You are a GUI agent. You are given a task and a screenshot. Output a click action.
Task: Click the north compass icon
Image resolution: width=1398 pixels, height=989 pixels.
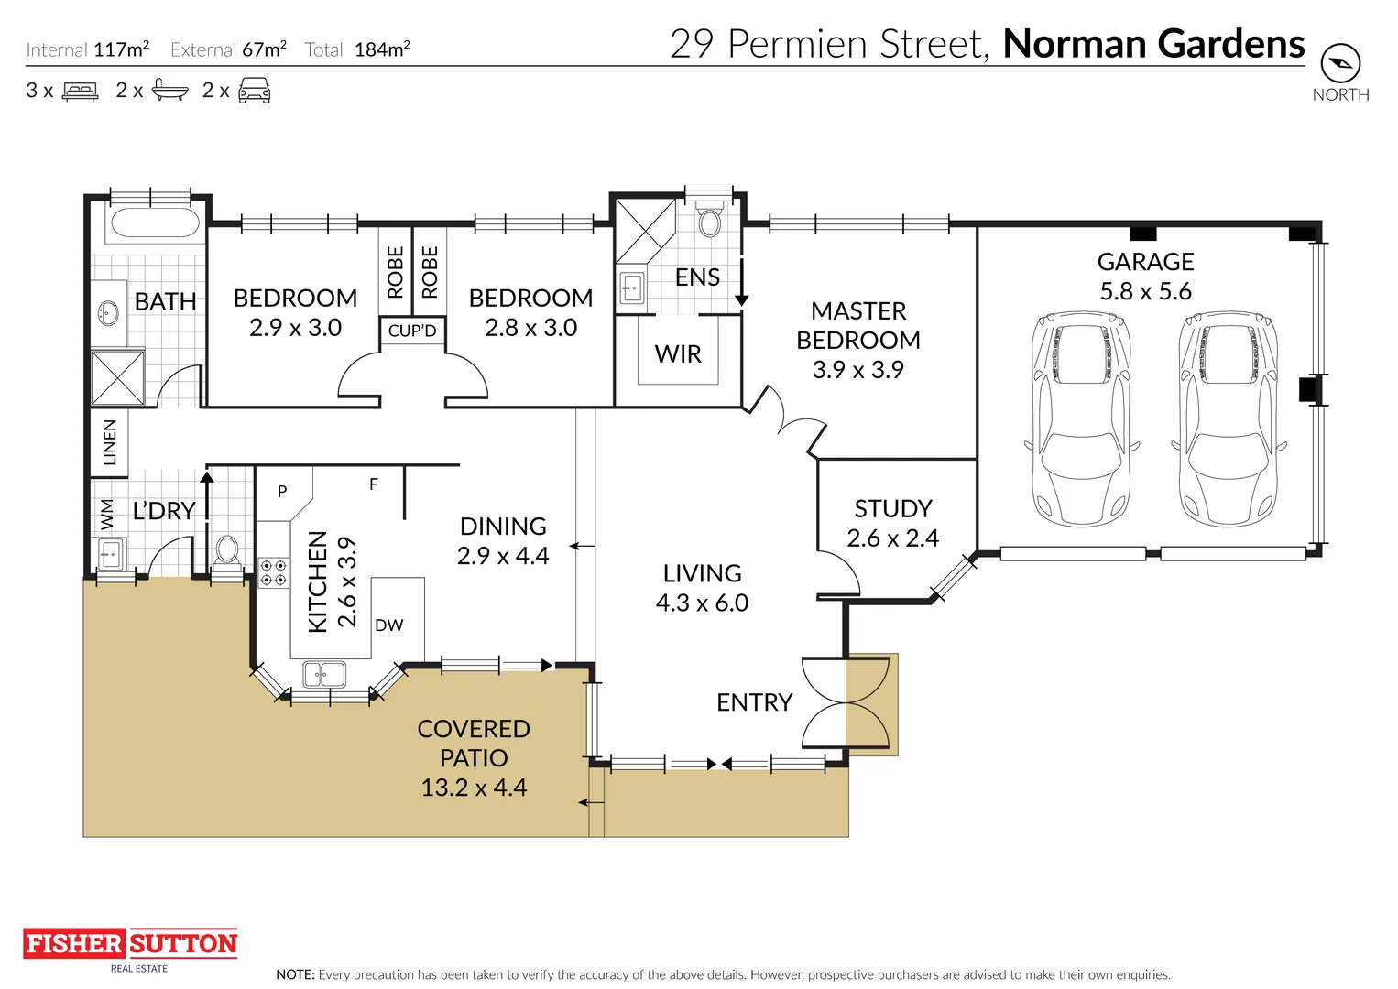point(1339,63)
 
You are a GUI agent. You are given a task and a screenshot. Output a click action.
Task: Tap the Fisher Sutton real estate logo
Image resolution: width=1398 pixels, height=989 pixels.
point(130,944)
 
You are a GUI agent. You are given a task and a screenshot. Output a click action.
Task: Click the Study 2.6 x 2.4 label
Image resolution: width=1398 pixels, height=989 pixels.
point(892,523)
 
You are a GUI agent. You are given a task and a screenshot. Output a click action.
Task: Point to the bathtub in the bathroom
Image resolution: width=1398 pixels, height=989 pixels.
point(155,223)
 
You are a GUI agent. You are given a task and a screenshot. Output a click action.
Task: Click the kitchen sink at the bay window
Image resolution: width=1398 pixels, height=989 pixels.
point(324,675)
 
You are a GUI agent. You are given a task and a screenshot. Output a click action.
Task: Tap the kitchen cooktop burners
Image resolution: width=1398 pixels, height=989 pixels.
point(273,573)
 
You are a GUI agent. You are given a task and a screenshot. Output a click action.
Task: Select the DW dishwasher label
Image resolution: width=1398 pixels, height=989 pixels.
point(388,625)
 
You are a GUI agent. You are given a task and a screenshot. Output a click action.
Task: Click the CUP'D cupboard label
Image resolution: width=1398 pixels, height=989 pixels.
point(412,331)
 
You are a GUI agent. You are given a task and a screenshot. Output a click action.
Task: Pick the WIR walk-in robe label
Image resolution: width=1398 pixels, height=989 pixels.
point(678,354)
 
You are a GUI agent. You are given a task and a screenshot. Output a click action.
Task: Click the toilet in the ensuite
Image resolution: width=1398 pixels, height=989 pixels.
point(710,221)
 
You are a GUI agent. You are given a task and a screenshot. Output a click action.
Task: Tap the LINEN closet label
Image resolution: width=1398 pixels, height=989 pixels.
point(109,442)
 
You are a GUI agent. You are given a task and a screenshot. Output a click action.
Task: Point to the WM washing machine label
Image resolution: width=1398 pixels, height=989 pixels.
point(106,515)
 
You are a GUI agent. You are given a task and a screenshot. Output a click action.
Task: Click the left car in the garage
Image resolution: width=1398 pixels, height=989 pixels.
point(1081,418)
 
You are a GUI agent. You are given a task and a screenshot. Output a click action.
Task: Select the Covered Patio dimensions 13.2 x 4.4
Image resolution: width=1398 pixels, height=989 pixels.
point(474,788)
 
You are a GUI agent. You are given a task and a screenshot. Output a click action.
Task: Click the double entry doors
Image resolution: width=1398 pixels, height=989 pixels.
point(845,703)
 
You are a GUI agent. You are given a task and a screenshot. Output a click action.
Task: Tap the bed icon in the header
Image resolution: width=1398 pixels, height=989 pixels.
point(80,91)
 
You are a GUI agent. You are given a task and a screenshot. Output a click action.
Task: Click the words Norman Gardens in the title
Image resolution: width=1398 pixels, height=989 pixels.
point(1153,44)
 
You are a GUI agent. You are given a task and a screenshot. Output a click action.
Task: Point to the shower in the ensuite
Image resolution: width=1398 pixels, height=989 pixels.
point(644,230)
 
